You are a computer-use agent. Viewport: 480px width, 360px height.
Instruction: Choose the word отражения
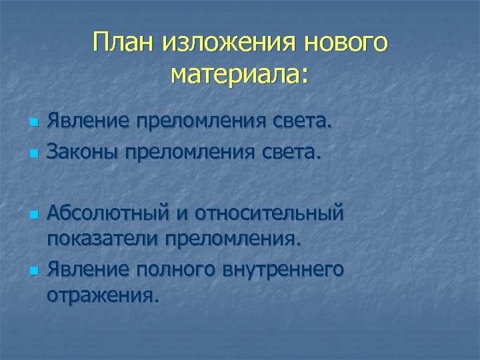click(103, 294)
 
